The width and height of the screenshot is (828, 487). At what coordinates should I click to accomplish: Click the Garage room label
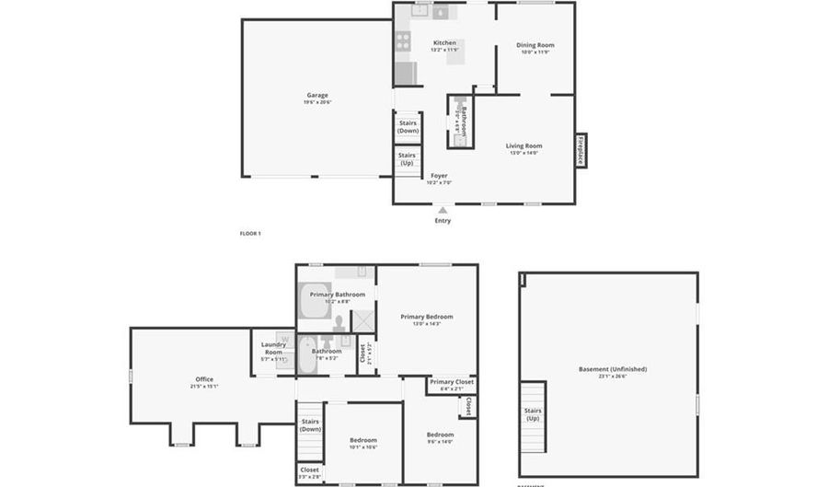coord(317,95)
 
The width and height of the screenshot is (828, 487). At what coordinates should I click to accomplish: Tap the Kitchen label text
coord(444,43)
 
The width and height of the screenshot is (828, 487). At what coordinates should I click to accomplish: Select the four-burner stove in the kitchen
coord(402,41)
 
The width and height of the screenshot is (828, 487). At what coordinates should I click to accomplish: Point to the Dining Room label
coord(535,45)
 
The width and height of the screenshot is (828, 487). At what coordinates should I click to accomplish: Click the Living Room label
coord(523,145)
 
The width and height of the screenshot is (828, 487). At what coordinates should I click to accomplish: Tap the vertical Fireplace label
coord(581,150)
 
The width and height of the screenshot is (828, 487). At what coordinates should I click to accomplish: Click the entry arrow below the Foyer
coord(443,211)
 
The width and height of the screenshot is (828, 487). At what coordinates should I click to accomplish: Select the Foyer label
coord(439,175)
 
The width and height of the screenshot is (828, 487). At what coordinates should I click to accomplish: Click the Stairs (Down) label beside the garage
coord(408,127)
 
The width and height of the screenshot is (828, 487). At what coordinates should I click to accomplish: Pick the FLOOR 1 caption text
coord(250,234)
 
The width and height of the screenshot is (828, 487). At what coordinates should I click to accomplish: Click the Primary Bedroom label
coord(426,317)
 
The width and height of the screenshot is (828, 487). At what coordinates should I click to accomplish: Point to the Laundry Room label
coord(273,348)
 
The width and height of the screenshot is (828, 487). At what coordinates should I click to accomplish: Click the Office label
coord(203,379)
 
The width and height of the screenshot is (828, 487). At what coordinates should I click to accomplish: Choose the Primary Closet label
coord(452,381)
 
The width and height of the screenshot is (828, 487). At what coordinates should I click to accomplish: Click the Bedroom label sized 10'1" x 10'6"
coord(362,440)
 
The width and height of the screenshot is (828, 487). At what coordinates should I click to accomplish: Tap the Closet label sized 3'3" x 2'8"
coord(308,470)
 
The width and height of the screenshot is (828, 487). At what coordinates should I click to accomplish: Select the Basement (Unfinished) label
coord(612,369)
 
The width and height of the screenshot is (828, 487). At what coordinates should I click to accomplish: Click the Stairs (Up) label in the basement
coord(533,414)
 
